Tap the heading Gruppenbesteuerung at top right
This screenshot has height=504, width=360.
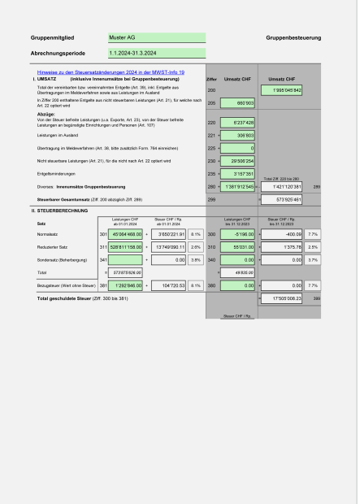[x=293, y=37]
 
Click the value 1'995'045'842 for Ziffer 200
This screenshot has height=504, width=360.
[x=281, y=90]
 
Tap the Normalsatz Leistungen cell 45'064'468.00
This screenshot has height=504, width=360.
[x=125, y=233]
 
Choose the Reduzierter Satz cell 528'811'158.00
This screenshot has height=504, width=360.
[x=125, y=246]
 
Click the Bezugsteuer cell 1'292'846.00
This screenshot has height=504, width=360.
[x=125, y=285]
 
